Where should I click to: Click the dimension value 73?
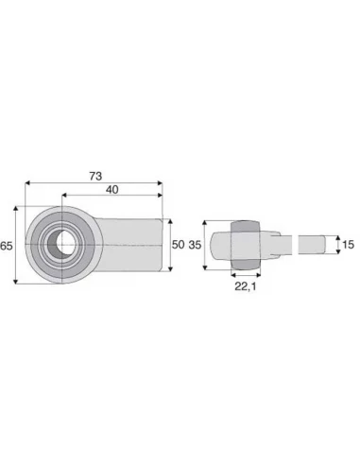pyautogui.click(x=95, y=176)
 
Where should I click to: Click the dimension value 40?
pyautogui.click(x=112, y=190)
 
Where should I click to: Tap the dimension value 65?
pyautogui.click(x=7, y=246)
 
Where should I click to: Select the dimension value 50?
pyautogui.click(x=178, y=245)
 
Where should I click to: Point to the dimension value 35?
pyautogui.click(x=195, y=245)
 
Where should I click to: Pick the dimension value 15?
pyautogui.click(x=348, y=245)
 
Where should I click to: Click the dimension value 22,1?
pyautogui.click(x=246, y=286)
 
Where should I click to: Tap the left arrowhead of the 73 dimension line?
pyautogui.click(x=27, y=182)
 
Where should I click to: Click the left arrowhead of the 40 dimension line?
pyautogui.click(x=64, y=196)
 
